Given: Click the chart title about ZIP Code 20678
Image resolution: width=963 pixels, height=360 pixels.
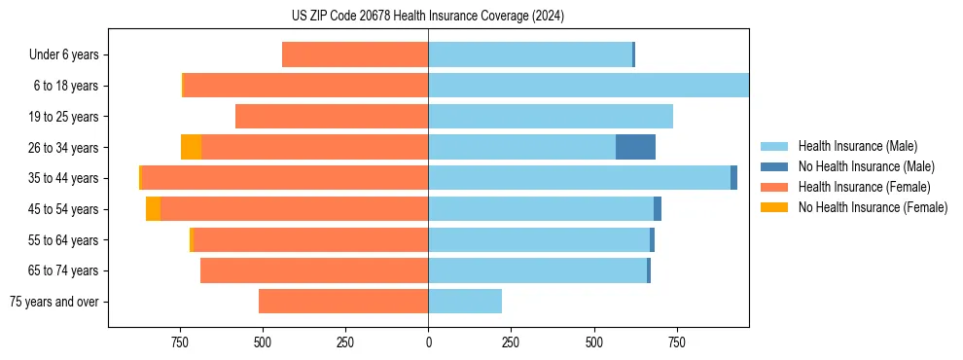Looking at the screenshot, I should pyautogui.click(x=428, y=16).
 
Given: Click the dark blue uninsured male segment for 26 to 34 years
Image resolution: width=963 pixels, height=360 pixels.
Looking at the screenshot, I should pyautogui.click(x=635, y=147).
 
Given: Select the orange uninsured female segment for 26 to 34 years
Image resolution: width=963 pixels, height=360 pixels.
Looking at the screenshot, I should pyautogui.click(x=191, y=147).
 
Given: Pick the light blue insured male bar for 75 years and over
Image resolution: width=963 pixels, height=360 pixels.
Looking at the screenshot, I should pyautogui.click(x=465, y=302).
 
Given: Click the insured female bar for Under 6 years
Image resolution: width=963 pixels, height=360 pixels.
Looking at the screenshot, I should pyautogui.click(x=355, y=54).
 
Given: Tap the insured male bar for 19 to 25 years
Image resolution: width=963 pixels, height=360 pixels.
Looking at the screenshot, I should pyautogui.click(x=551, y=117).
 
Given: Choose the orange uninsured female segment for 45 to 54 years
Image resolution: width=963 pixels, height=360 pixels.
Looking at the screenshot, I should pyautogui.click(x=153, y=209).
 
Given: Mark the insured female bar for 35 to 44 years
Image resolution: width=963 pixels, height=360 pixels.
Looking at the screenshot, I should pyautogui.click(x=285, y=178).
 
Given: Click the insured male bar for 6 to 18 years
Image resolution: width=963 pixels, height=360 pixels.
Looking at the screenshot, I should pyautogui.click(x=588, y=86).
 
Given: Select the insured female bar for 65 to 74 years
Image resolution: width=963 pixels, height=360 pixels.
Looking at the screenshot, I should pyautogui.click(x=314, y=270).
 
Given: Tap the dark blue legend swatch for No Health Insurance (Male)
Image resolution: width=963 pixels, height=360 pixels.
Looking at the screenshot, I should pyautogui.click(x=774, y=166).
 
